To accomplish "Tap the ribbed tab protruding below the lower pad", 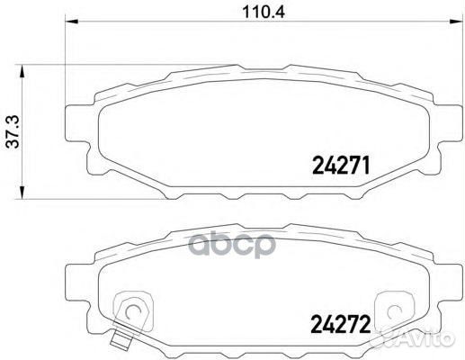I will click(x=120, y=340).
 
